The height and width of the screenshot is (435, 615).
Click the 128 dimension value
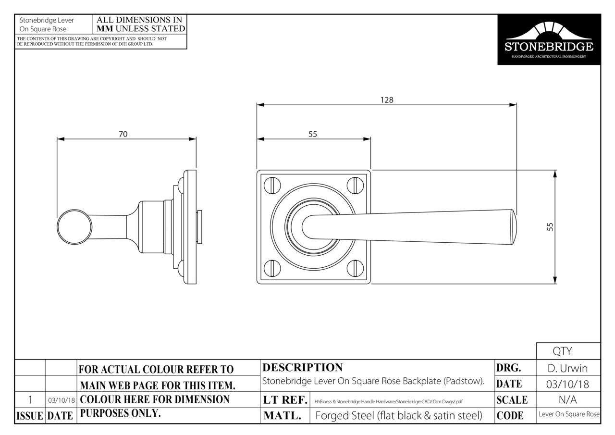(x=387, y=99)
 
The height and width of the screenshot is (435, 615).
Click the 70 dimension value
(x=123, y=134)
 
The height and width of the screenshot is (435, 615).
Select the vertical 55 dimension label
(x=550, y=226)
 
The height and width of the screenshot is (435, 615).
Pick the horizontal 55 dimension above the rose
(x=313, y=134)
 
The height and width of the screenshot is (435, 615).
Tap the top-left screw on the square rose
(x=272, y=185)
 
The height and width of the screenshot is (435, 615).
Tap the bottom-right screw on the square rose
(x=355, y=268)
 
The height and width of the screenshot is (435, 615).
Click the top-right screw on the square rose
(x=355, y=185)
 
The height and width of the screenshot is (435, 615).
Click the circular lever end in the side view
(x=74, y=227)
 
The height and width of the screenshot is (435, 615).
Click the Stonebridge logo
(x=549, y=39)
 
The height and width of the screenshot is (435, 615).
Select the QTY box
(x=568, y=351)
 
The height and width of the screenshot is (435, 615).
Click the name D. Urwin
(x=567, y=368)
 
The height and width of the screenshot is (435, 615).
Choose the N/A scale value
(x=567, y=399)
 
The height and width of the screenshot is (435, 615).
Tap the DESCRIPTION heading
(x=303, y=367)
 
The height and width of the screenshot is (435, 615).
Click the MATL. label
(x=282, y=415)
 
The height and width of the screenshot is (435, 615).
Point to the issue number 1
(x=30, y=399)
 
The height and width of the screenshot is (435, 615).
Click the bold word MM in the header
(x=105, y=28)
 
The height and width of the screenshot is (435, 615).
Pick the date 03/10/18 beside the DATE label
(x=567, y=384)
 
